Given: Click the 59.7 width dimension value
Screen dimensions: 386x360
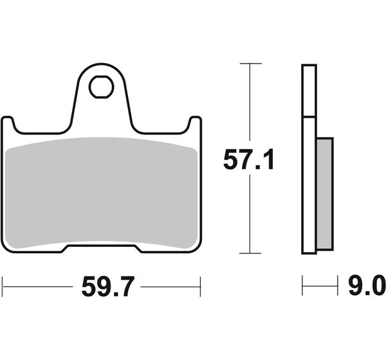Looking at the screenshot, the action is [108, 287].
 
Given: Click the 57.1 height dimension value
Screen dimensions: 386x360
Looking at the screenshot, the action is [248, 159].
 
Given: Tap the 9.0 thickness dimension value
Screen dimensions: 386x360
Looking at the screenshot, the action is [367, 285].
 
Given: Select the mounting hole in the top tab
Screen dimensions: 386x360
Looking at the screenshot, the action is [102, 87].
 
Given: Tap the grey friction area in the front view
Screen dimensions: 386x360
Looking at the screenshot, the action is [101, 193].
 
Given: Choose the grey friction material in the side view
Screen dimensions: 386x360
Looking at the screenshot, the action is [325, 194].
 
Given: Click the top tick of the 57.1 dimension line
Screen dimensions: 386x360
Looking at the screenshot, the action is [251, 64].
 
